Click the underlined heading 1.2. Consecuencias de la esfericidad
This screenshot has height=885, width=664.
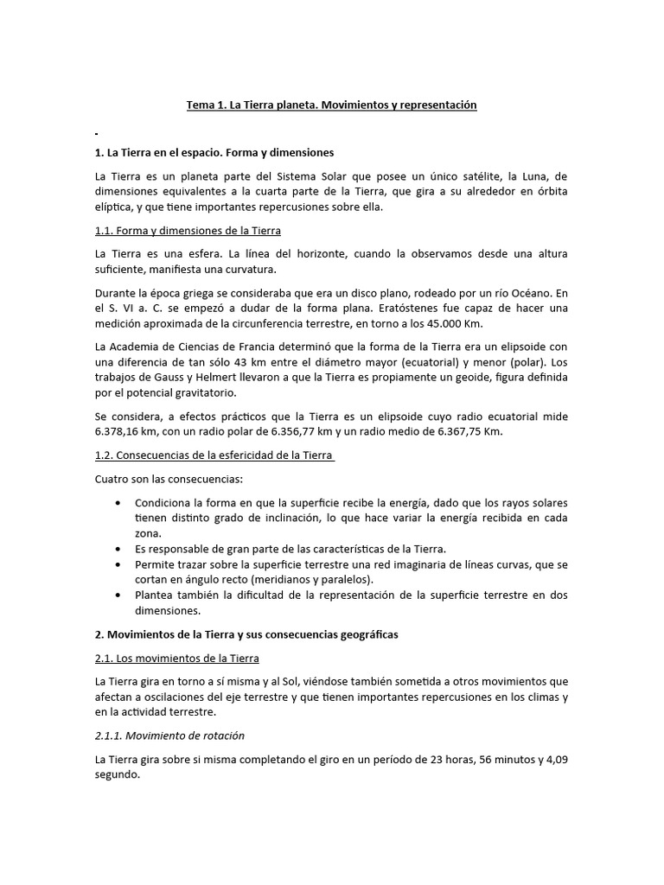point(214,455)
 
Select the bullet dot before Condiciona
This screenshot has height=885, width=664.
point(117,502)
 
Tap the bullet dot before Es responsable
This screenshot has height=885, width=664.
point(117,549)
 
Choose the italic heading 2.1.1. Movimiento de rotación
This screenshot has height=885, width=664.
point(169,735)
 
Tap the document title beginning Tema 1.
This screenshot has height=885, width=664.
point(332,105)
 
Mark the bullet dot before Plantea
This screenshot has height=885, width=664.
point(117,595)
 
